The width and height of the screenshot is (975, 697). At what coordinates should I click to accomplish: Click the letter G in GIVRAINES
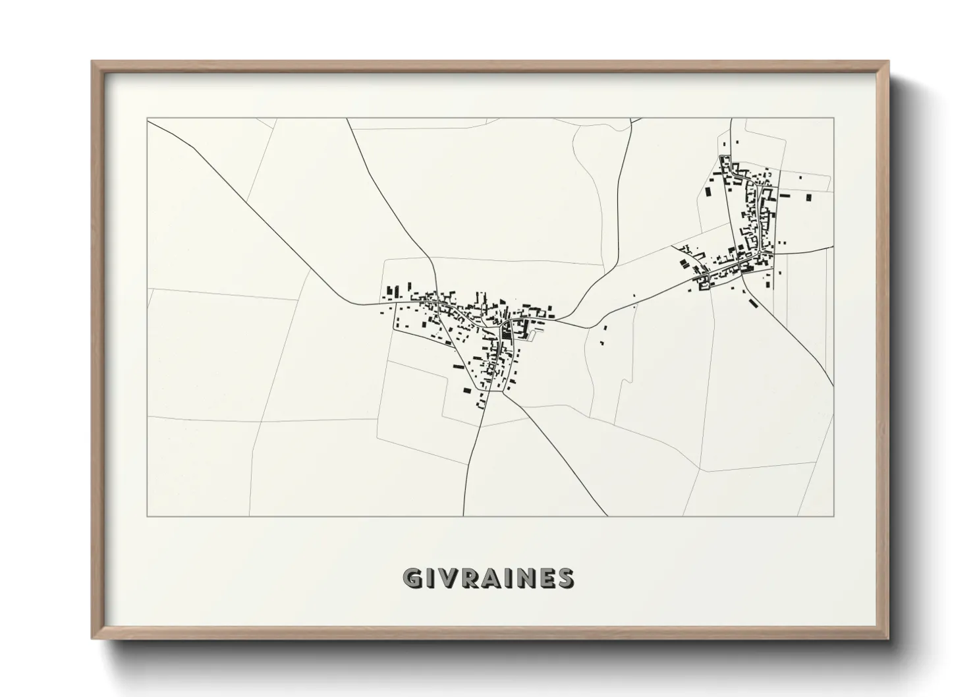click(413, 578)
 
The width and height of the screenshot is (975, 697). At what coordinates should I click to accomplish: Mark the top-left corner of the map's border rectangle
click(148, 119)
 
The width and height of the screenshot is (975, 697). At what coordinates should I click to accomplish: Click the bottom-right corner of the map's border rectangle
click(834, 516)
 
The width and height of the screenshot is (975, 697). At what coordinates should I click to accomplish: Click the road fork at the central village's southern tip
click(505, 393)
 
